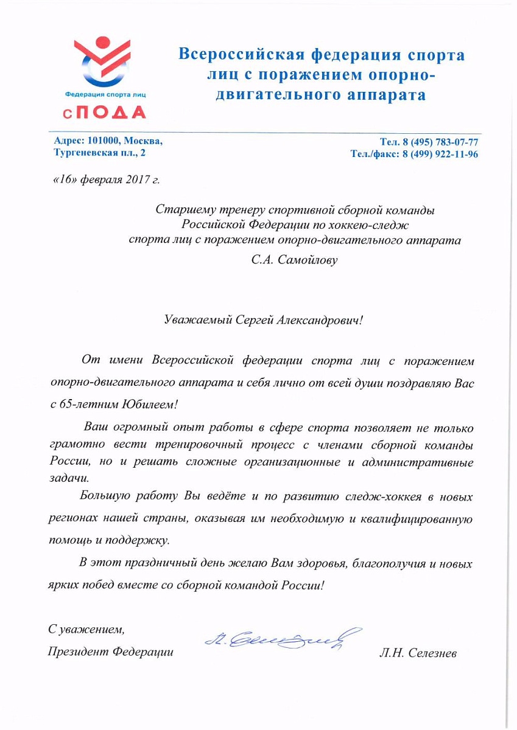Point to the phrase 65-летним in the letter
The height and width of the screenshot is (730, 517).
point(88,403)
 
